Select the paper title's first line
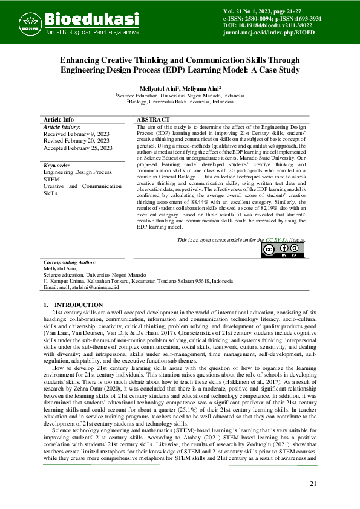click(x=180, y=60)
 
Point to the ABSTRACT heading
click(x=153, y=120)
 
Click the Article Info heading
click(x=59, y=120)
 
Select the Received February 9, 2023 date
click(x=76, y=134)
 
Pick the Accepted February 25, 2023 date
click(x=78, y=148)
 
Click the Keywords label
click(x=57, y=165)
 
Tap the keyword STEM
click(x=51, y=179)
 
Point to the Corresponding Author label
click(x=70, y=263)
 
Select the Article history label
click(x=62, y=127)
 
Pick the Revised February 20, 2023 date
click(x=76, y=141)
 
